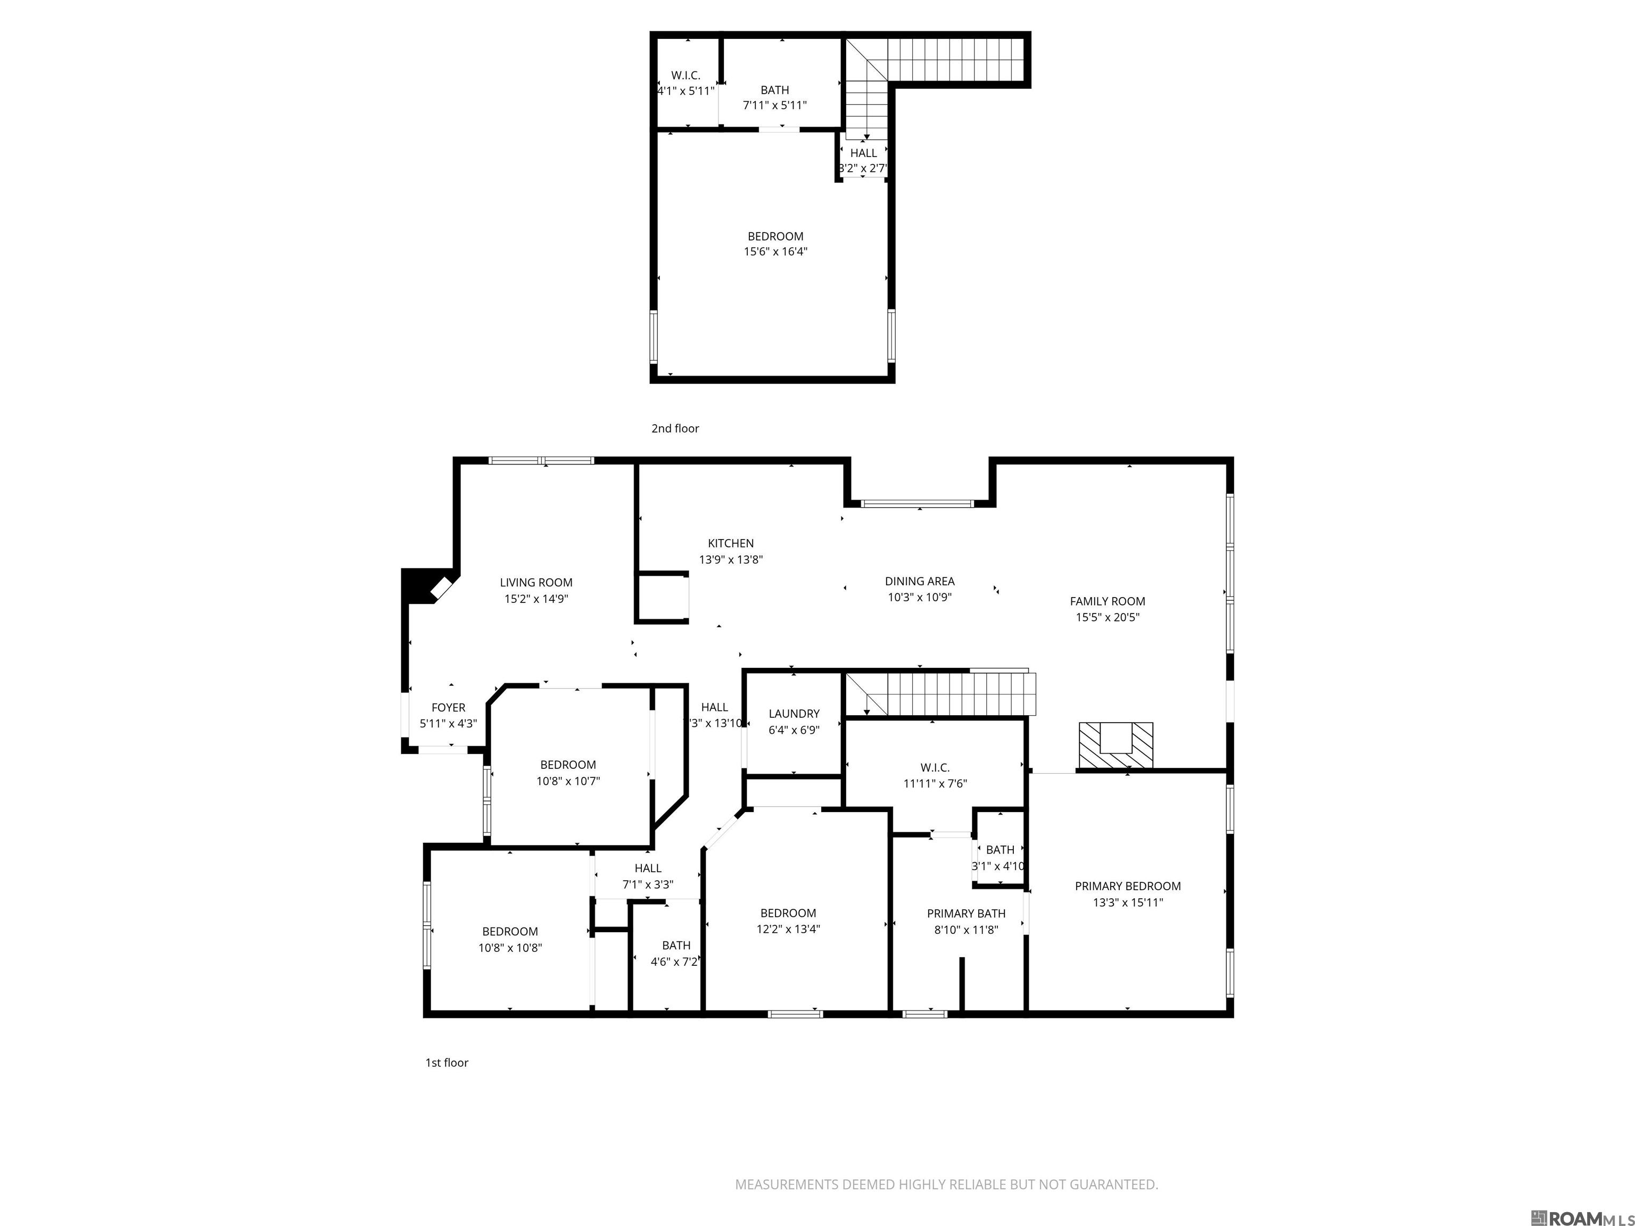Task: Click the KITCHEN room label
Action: click(x=730, y=543)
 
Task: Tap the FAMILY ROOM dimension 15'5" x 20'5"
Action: click(x=1107, y=618)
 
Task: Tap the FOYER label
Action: click(x=448, y=708)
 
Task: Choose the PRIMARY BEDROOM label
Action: click(x=1127, y=886)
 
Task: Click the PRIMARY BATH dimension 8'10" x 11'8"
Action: click(x=966, y=930)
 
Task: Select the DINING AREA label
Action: click(x=920, y=582)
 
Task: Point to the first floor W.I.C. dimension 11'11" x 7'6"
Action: click(x=935, y=783)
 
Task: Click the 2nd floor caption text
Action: click(x=675, y=428)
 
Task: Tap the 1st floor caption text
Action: click(x=447, y=1063)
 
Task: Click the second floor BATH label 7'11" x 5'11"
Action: click(x=774, y=90)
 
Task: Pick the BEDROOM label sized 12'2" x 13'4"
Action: click(x=788, y=914)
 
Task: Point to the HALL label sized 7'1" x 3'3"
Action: click(x=648, y=868)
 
